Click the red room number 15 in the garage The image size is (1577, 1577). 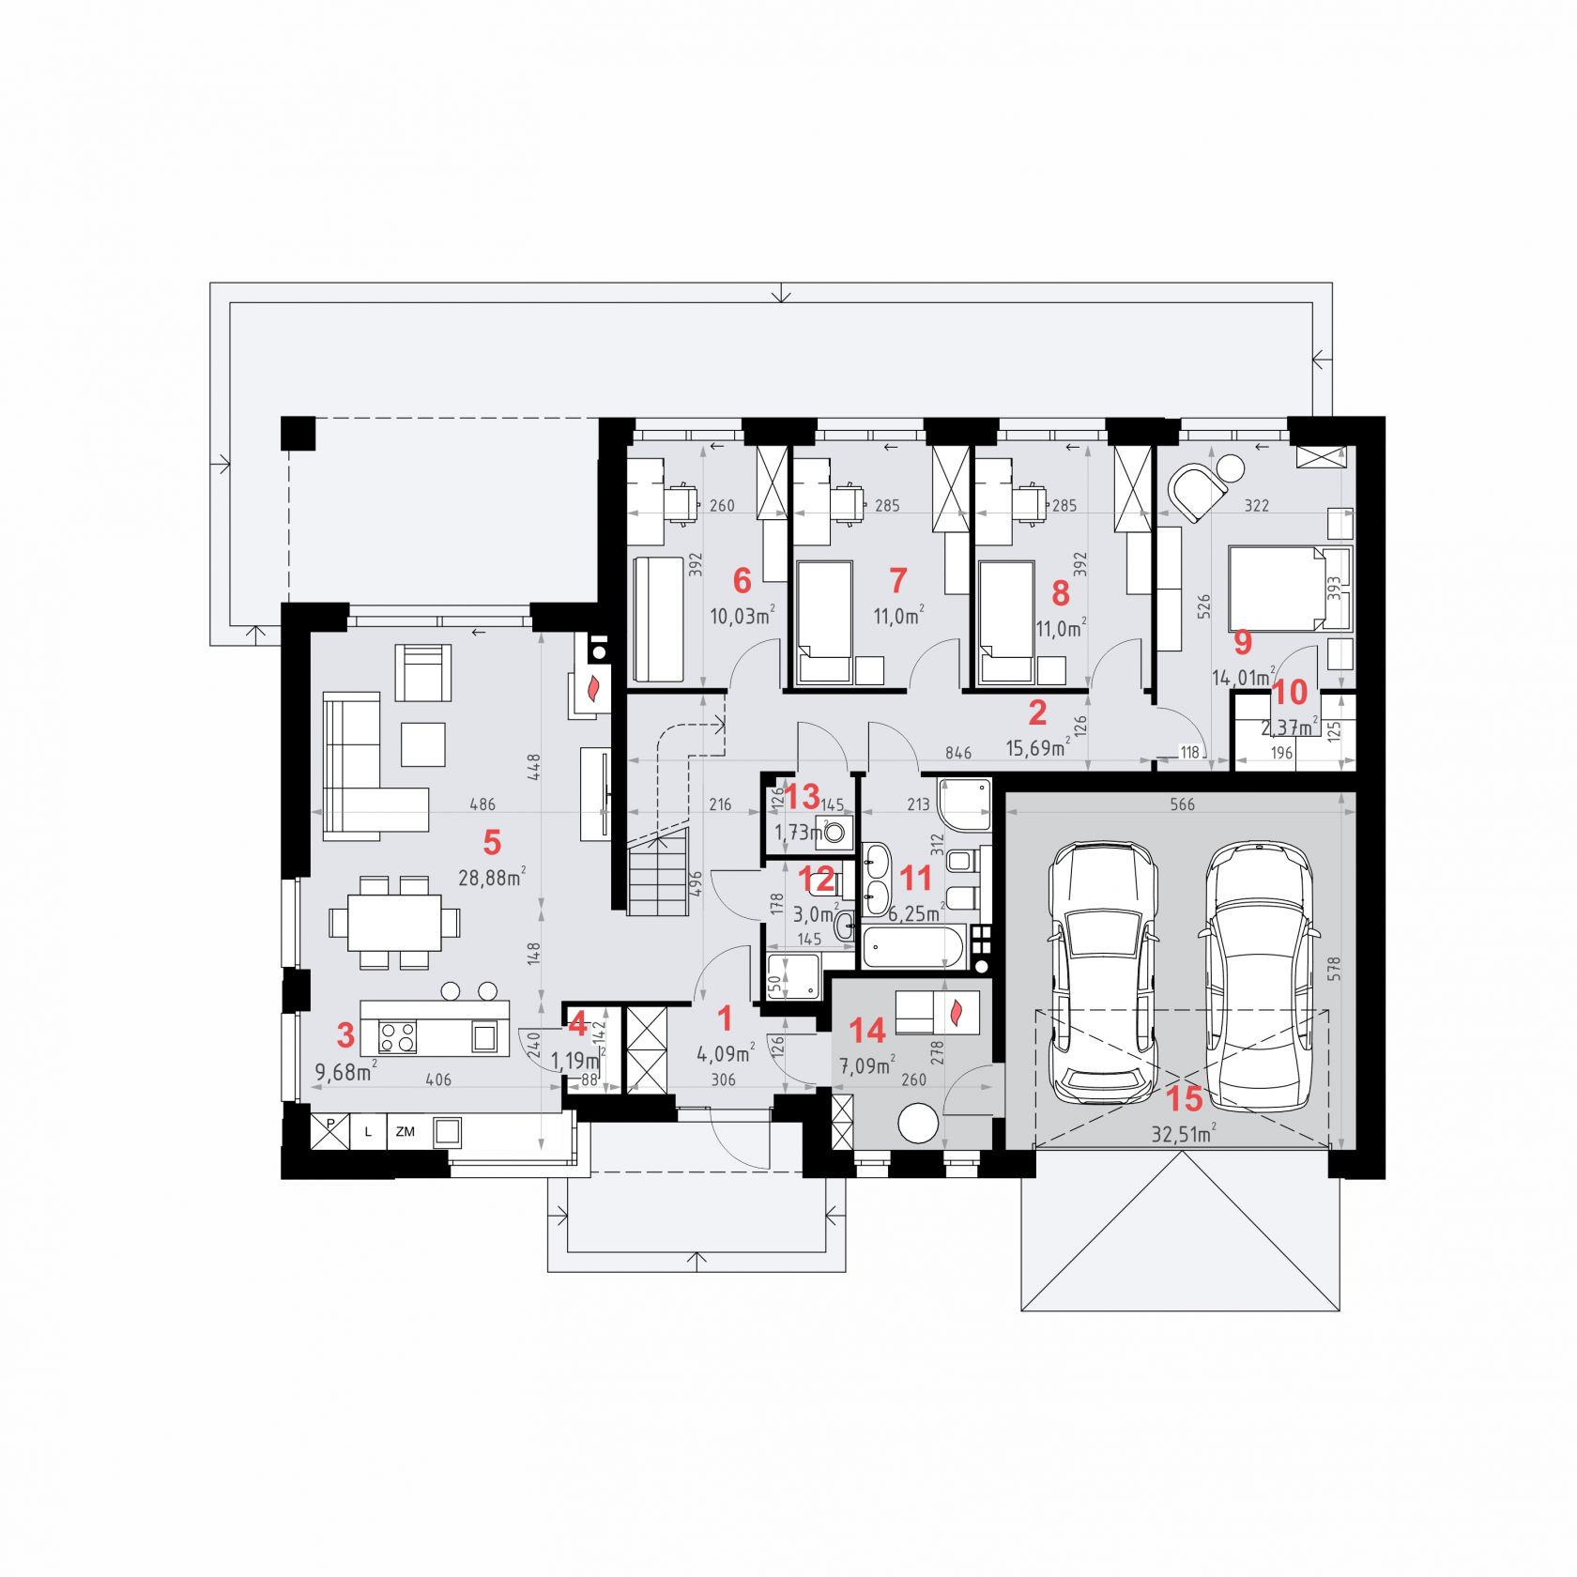pos(1184,1098)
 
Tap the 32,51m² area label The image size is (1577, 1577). pos(1184,1133)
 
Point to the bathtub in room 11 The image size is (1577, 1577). pos(913,947)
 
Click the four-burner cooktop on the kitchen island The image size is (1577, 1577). pos(397,1036)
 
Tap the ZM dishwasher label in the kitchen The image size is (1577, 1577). pos(406,1132)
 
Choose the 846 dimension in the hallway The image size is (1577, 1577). pos(957,753)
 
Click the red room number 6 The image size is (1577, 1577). pos(742,581)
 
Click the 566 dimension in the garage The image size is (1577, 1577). pos(1183,804)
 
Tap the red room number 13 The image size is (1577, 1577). pos(803,797)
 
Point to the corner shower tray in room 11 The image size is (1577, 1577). pos(965,804)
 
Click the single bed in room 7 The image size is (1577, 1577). pos(825,621)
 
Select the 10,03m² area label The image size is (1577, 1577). pos(742,616)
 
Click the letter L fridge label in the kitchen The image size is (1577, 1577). pos(368,1132)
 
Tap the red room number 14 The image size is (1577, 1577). pos(866,1031)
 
